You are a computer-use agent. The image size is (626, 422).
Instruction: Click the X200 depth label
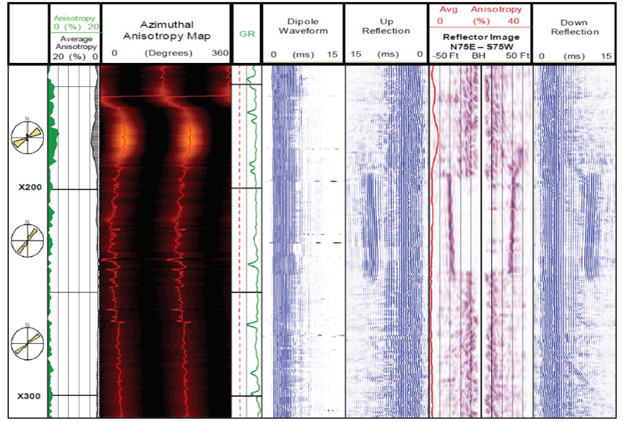(x=29, y=187)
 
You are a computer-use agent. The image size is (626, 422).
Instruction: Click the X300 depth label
(x=29, y=396)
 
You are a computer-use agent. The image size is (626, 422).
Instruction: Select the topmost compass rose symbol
(x=28, y=137)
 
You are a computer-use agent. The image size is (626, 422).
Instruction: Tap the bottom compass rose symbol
(x=28, y=341)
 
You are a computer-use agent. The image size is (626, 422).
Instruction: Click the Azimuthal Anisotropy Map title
(x=166, y=30)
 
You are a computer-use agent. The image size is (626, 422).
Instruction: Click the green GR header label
(x=247, y=34)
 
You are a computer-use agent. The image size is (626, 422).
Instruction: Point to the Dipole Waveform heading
(x=303, y=26)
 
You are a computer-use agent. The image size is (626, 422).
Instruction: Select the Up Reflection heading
(x=386, y=26)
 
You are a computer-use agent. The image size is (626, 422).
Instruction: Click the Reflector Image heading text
(x=480, y=36)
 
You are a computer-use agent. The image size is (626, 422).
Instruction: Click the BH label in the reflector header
(x=479, y=56)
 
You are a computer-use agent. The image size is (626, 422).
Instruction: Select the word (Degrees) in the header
(x=168, y=53)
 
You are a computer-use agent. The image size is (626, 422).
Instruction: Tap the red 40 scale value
(x=513, y=21)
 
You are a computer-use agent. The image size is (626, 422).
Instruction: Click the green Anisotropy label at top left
(x=74, y=18)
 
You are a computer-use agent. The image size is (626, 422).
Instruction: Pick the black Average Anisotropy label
(x=75, y=43)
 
